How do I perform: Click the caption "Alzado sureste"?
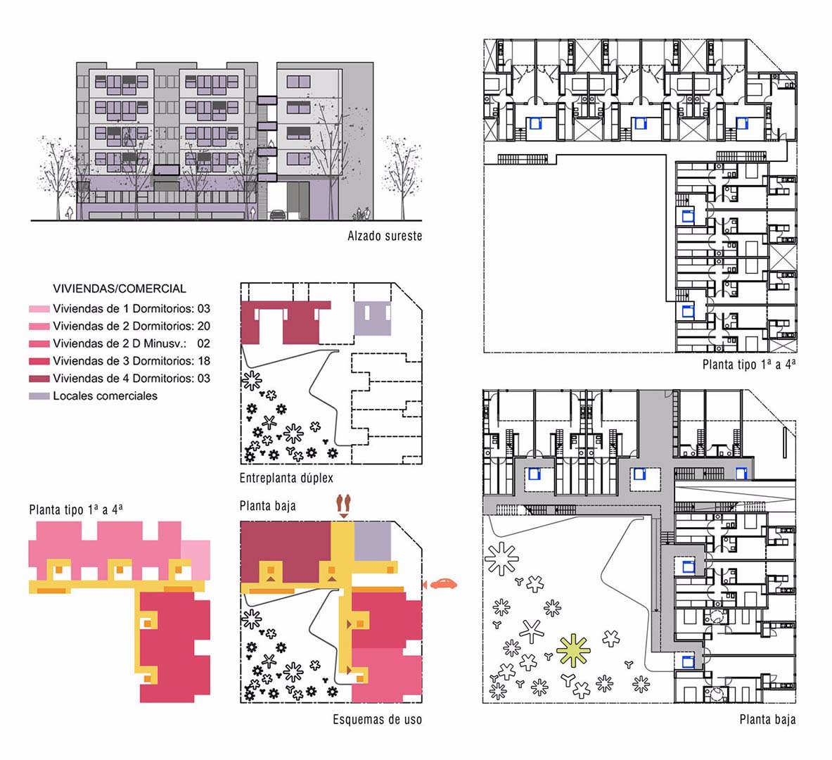coord(385,236)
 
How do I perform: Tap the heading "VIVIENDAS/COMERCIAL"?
coord(120,289)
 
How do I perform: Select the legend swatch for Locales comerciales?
coord(39,396)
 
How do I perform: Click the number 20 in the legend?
coord(204,326)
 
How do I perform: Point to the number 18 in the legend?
coord(204,361)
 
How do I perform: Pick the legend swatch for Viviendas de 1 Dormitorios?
coord(39,308)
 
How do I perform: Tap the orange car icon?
coord(443,583)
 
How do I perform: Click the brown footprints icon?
coord(344,505)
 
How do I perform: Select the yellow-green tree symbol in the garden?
coord(573,650)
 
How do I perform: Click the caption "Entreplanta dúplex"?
coord(286,478)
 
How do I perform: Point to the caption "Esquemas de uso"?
coord(377,720)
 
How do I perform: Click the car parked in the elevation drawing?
coord(278,215)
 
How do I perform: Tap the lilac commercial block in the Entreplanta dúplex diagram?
coord(373,319)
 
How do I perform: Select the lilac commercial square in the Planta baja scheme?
coord(373,541)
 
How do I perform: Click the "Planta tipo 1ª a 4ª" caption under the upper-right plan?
coord(749,365)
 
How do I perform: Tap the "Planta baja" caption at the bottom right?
coord(768,720)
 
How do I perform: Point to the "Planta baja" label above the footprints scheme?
coord(267,505)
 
